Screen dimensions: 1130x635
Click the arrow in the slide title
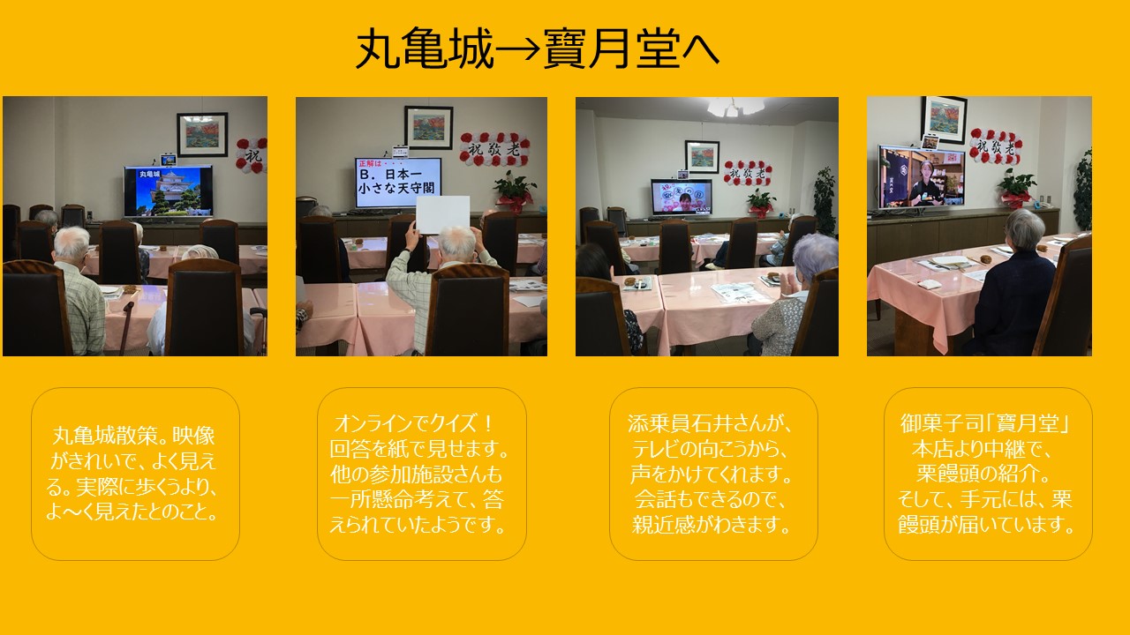pyautogui.click(x=517, y=49)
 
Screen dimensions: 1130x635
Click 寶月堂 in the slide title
pyautogui.click(x=612, y=49)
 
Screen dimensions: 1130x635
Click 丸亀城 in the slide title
pyautogui.click(x=425, y=49)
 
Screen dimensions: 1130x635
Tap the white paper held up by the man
pyautogui.click(x=443, y=214)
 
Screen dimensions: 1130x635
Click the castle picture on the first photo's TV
pyautogui.click(x=169, y=191)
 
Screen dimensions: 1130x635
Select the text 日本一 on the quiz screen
pyautogui.click(x=403, y=175)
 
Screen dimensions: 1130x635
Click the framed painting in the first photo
pyautogui.click(x=202, y=135)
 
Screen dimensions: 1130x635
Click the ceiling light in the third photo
pyautogui.click(x=735, y=107)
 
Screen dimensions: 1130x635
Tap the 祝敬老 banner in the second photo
pyautogui.click(x=494, y=149)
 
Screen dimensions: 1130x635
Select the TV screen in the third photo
pyautogui.click(x=682, y=197)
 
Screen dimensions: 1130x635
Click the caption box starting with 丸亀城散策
pyautogui.click(x=135, y=474)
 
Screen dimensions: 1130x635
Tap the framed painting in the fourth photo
pyautogui.click(x=944, y=118)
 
